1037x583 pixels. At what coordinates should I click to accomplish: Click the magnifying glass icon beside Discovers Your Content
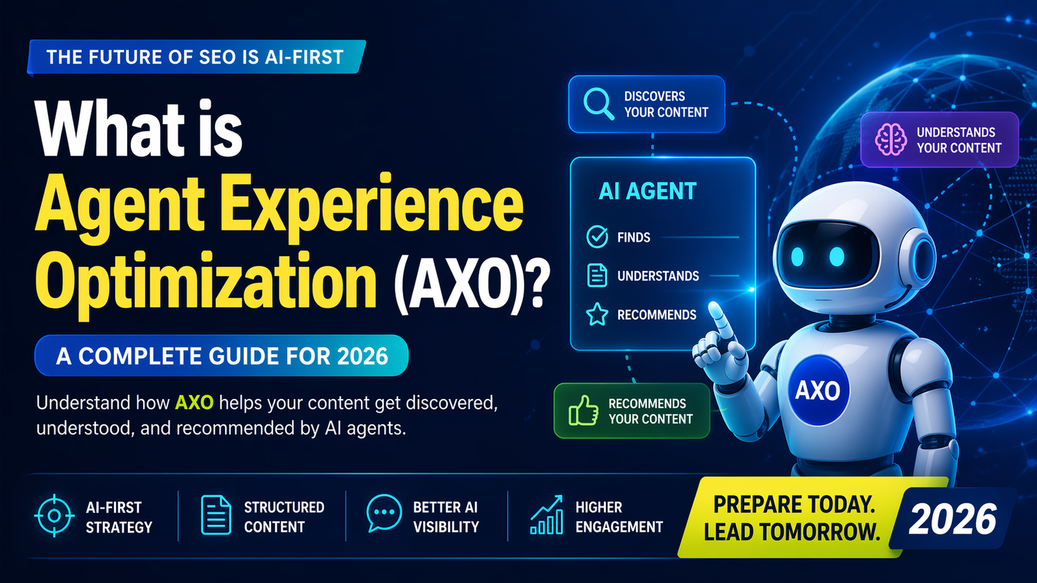[x=598, y=104]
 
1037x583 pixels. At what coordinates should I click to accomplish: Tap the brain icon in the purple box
[x=891, y=139]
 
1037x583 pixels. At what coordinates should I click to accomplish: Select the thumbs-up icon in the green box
[x=583, y=411]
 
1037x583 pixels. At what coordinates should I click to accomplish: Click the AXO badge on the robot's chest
[x=818, y=391]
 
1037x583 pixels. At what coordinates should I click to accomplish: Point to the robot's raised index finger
[x=717, y=317]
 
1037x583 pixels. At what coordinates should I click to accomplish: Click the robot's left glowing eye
[x=797, y=257]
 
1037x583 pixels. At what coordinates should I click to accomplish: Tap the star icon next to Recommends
[x=597, y=315]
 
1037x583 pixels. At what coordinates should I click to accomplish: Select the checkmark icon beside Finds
[x=597, y=237]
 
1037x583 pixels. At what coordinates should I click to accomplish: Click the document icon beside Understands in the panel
[x=597, y=275]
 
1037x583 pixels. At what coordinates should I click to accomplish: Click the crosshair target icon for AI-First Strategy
[x=54, y=516]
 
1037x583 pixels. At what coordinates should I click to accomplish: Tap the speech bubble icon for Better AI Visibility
[x=384, y=512]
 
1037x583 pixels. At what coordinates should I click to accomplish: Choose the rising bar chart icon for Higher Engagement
[x=546, y=516]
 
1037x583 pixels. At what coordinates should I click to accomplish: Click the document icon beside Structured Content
[x=216, y=516]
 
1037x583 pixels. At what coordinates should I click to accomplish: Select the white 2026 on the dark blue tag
[x=951, y=520]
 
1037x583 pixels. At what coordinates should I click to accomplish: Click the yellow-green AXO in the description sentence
[x=194, y=403]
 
